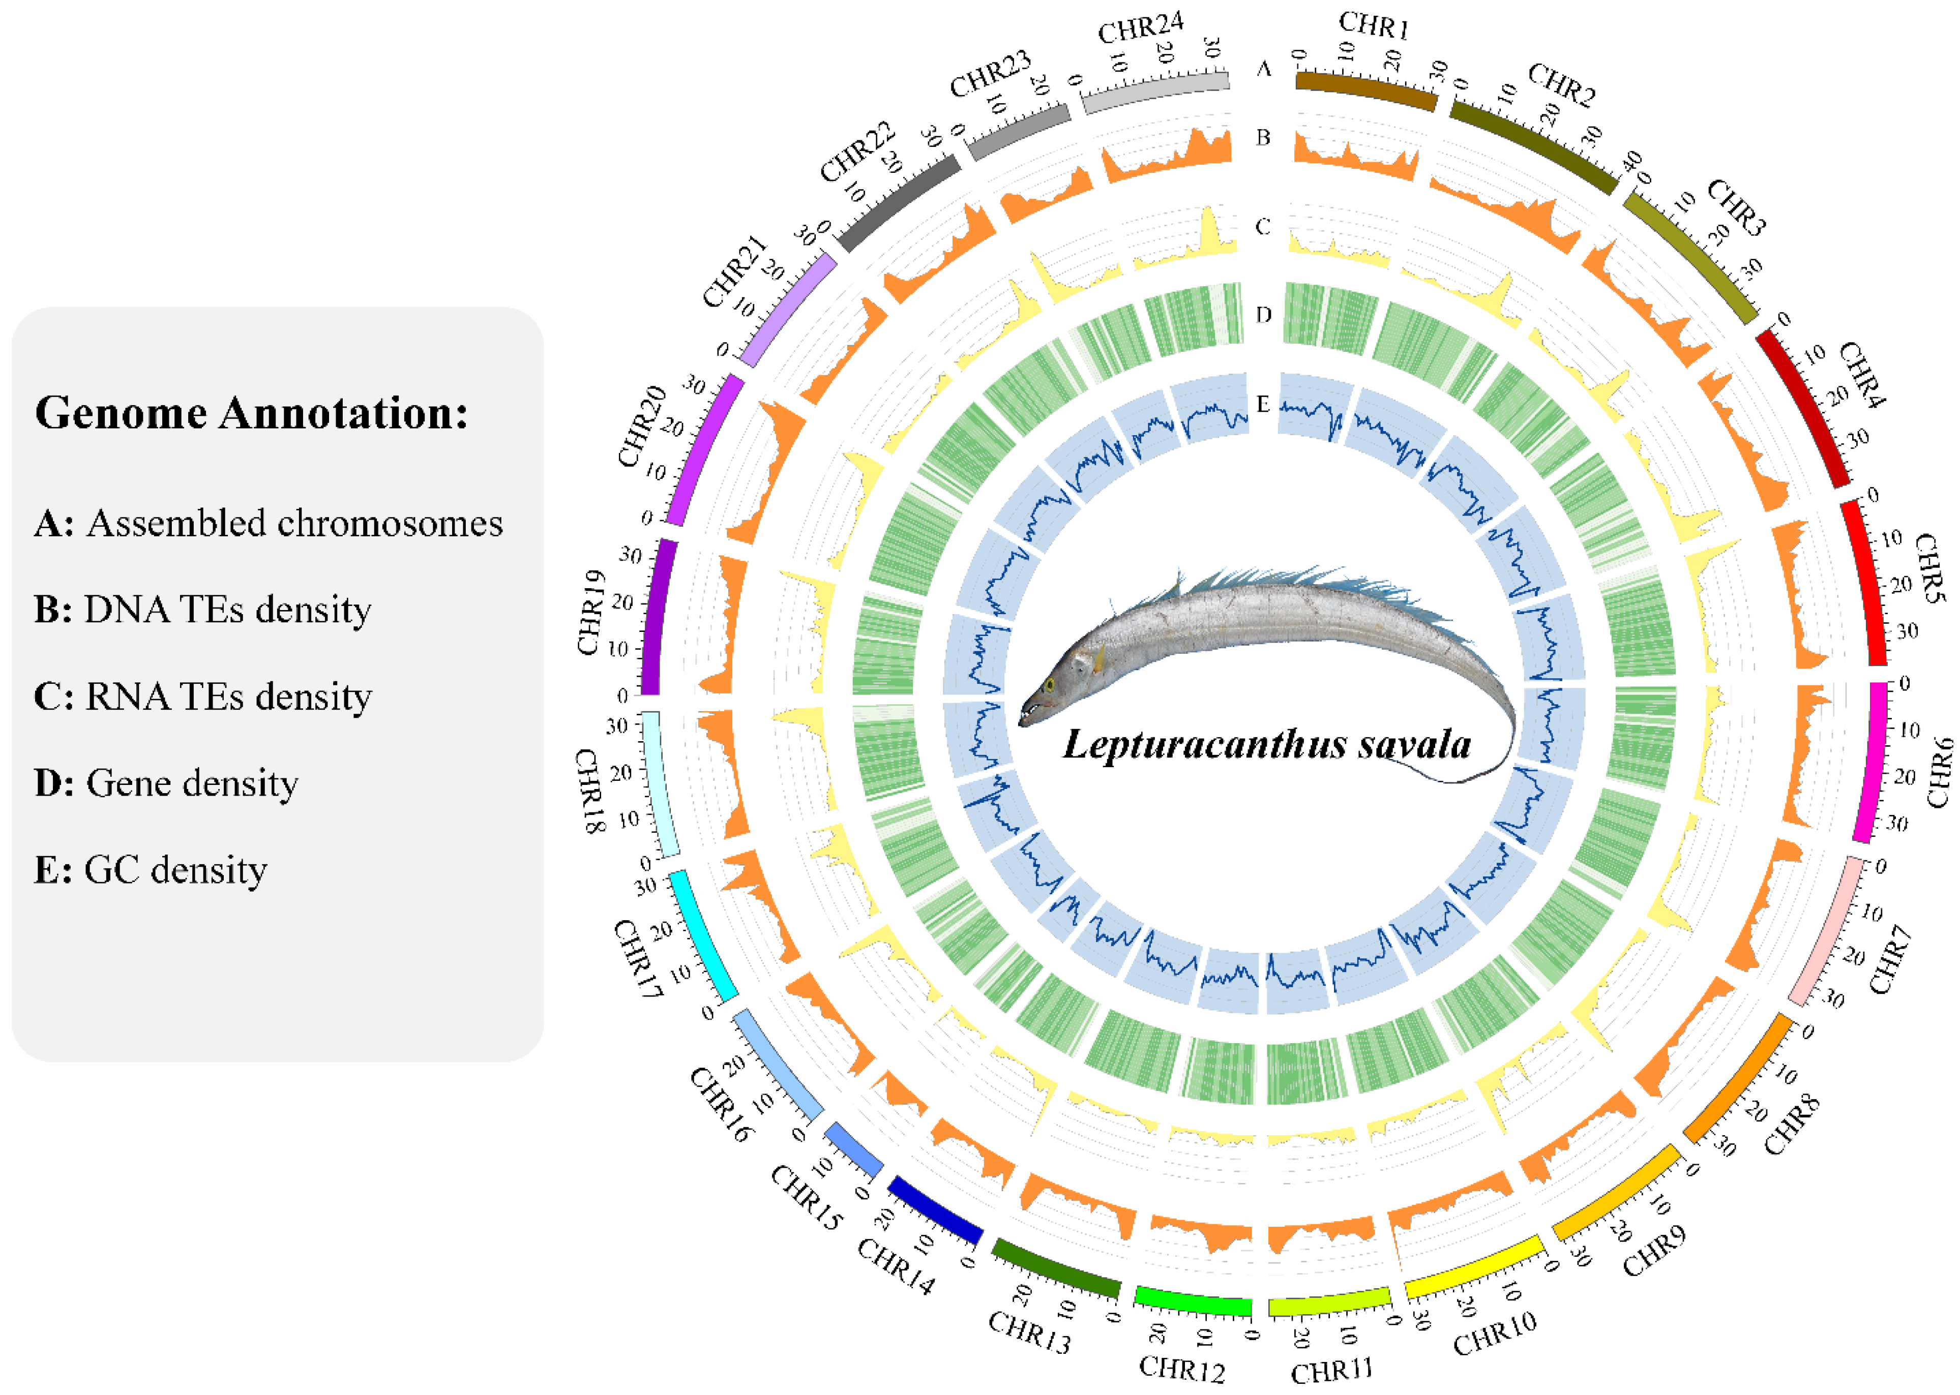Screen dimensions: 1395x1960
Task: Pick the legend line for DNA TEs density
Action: pyautogui.click(x=203, y=609)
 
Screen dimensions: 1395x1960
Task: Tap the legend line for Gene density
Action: pyautogui.click(x=166, y=782)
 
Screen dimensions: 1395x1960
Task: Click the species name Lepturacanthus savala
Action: pyautogui.click(x=1266, y=744)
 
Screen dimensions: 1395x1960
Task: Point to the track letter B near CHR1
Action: pyautogui.click(x=1262, y=137)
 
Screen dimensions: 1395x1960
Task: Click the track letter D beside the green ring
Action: pyautogui.click(x=1262, y=314)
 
